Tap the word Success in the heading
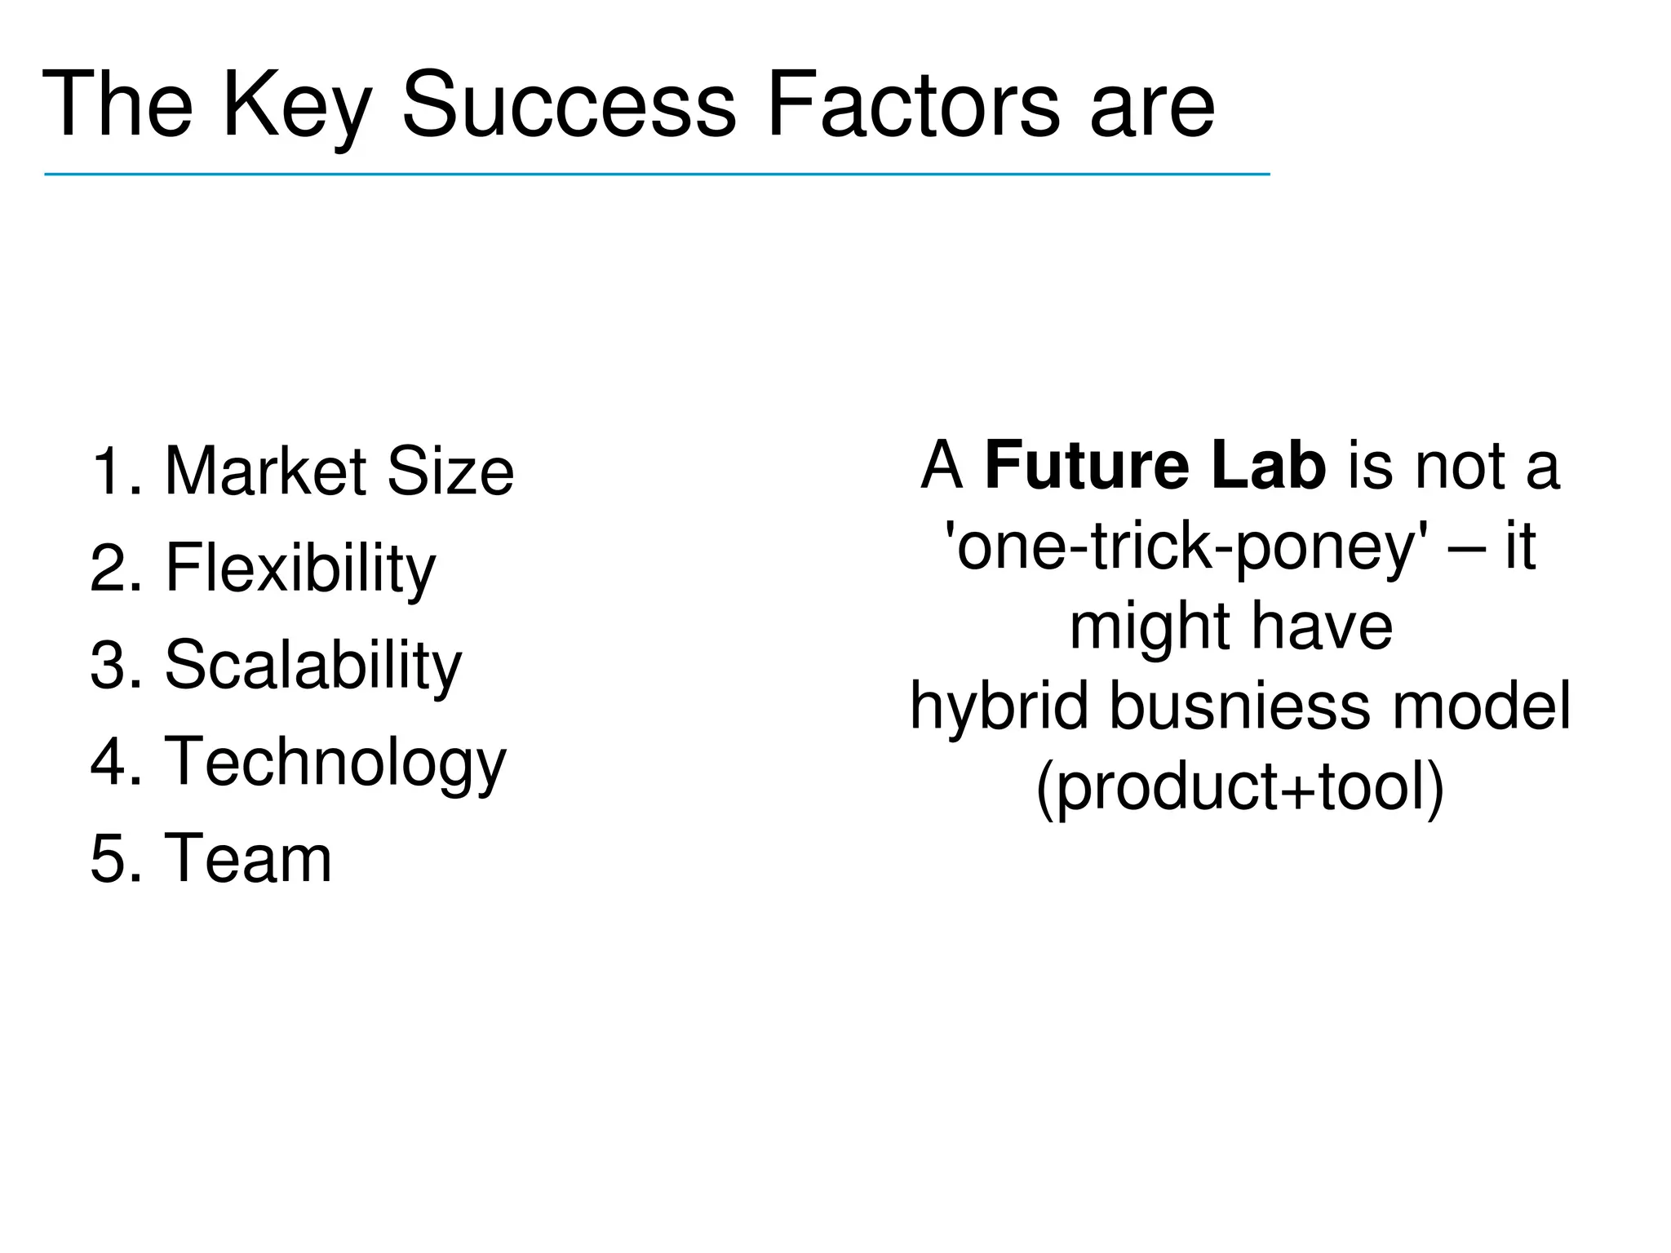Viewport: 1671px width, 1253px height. (570, 106)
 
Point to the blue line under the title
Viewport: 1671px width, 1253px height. (657, 174)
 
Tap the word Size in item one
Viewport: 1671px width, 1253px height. (450, 472)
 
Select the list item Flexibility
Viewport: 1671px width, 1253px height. (300, 569)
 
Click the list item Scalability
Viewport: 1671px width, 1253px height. (313, 665)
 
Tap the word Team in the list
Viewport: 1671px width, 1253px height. (249, 858)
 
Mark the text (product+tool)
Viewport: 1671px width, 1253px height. (1240, 786)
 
